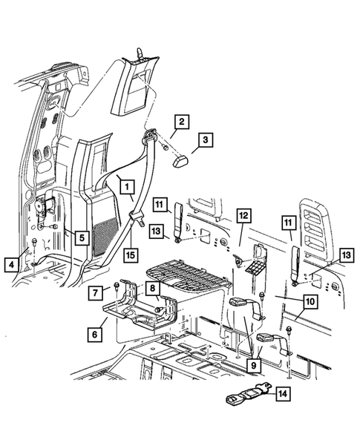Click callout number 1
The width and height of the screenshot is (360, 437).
pyautogui.click(x=126, y=186)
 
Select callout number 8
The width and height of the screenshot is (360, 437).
pyautogui.click(x=152, y=289)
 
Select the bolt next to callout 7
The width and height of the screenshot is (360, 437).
pyautogui.click(x=118, y=285)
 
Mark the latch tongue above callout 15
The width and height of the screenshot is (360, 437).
pyautogui.click(x=138, y=217)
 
